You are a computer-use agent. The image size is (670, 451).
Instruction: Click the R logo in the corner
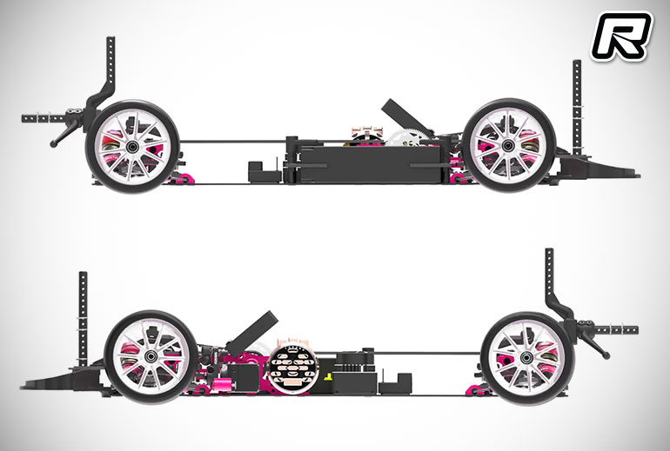tap(621, 36)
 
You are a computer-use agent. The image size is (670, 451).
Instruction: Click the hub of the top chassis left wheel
tap(131, 147)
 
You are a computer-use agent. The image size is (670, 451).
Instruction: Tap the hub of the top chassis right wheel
tap(508, 145)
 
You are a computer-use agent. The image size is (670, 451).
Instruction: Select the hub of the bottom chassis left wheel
tap(151, 356)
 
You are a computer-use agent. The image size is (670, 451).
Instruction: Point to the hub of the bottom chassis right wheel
tap(526, 357)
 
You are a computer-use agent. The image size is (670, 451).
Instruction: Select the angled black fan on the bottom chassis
tap(252, 332)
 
